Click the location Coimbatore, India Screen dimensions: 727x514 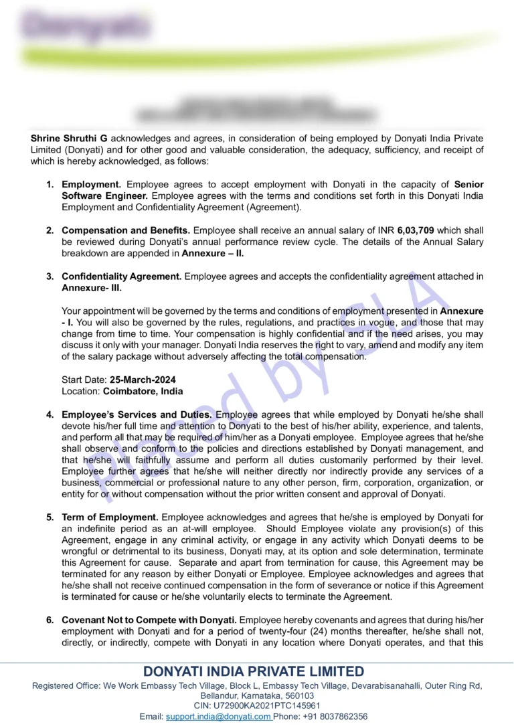[x=143, y=391]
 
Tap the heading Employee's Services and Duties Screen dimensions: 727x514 [x=137, y=415]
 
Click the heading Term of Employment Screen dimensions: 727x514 [x=110, y=517]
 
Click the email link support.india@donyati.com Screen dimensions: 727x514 [x=218, y=716]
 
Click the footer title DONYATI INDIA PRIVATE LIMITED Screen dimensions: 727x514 [x=254, y=671]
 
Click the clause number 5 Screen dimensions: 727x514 [x=50, y=517]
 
